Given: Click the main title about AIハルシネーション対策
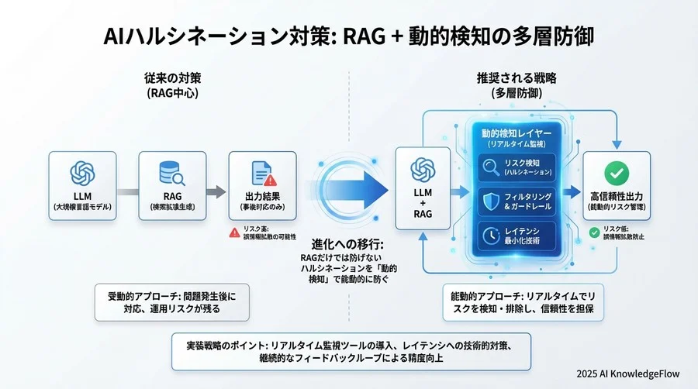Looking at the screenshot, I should point(349,36).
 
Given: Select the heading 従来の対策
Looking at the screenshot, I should point(172,78).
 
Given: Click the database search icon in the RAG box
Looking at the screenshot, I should point(171,172).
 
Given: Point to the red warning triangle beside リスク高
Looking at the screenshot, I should point(234,232).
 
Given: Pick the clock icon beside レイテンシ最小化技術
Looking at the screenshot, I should point(490,236).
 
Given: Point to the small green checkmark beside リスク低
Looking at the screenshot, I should point(594,232).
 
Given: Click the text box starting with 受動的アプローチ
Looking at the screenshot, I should point(172,301).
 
